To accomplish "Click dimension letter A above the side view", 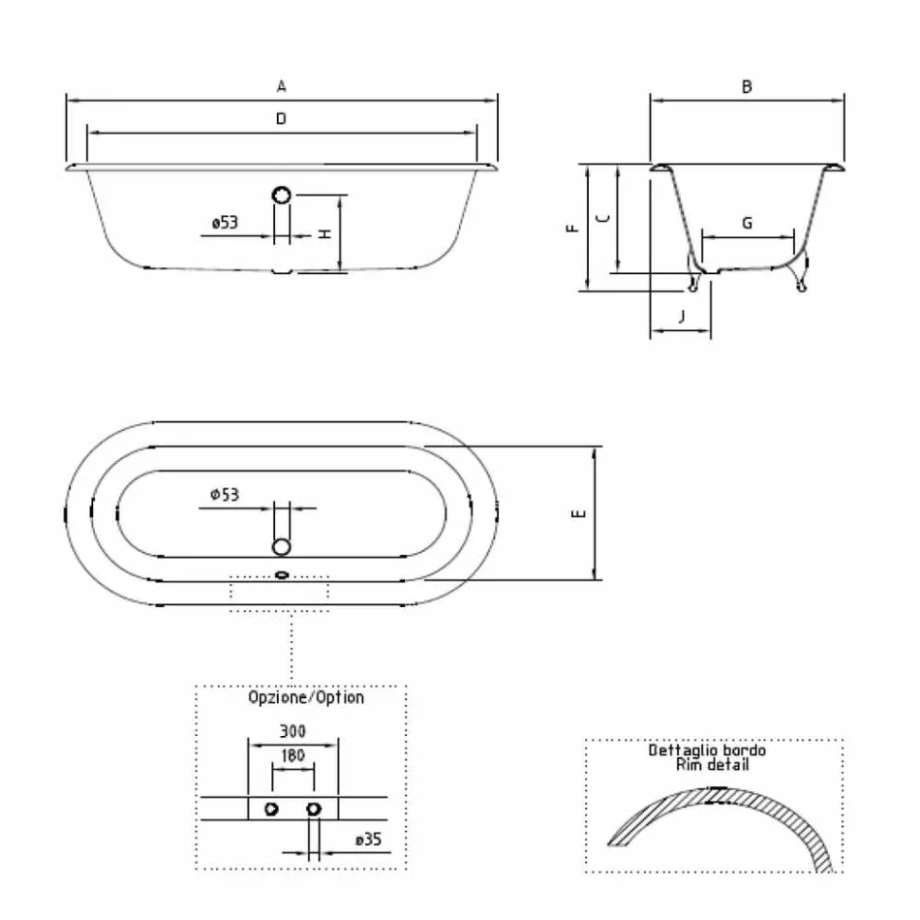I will (281, 86).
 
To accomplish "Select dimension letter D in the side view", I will (281, 118).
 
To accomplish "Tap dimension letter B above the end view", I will (747, 86).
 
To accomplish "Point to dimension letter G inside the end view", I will (747, 223).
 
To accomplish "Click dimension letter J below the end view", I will (681, 316).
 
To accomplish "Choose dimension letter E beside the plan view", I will (578, 513).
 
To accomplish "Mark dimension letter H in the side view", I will (326, 233).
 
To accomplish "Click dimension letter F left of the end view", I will (572, 228).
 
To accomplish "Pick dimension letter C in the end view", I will (602, 219).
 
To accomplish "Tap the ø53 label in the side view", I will (225, 223).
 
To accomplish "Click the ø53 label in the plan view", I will (225, 495).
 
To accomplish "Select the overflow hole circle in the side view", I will (281, 195).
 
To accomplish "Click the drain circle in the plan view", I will (281, 546).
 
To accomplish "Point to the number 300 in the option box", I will (293, 732).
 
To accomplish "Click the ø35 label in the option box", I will (368, 840).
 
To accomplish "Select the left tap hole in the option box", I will (272, 809).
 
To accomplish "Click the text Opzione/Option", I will (306, 697).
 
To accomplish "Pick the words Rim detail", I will (712, 764).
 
